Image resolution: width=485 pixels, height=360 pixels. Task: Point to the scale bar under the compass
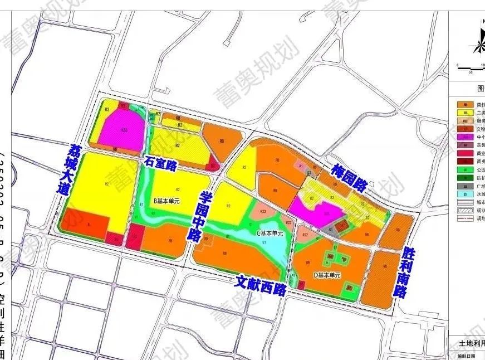(471, 66)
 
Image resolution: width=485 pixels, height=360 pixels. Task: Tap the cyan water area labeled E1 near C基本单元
(273, 245)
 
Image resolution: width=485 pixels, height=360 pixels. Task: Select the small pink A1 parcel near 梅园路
(301, 166)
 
